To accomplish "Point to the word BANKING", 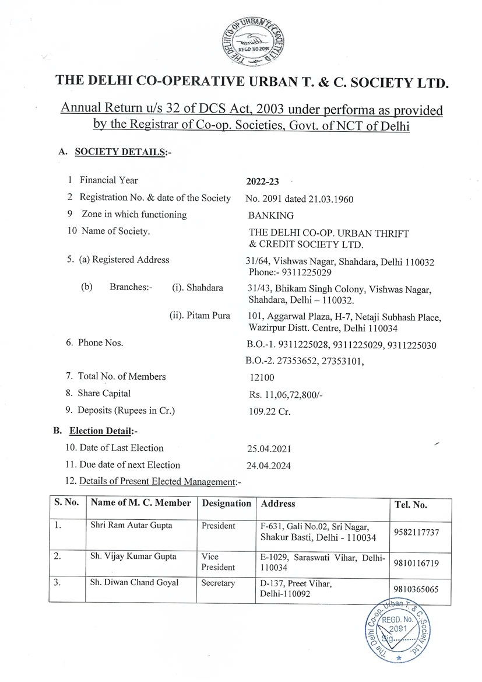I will tap(270, 215).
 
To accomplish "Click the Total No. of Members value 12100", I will tap(262, 377).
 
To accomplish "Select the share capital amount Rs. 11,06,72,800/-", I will tap(285, 394).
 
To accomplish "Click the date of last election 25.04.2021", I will tap(269, 449).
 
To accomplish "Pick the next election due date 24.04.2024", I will tap(269, 466).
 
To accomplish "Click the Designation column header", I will tap(226, 503).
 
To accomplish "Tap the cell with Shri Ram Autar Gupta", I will tap(132, 526).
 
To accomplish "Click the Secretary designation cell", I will tap(218, 583).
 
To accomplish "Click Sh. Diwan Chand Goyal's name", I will tap(134, 583).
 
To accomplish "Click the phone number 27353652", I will tap(294, 360).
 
